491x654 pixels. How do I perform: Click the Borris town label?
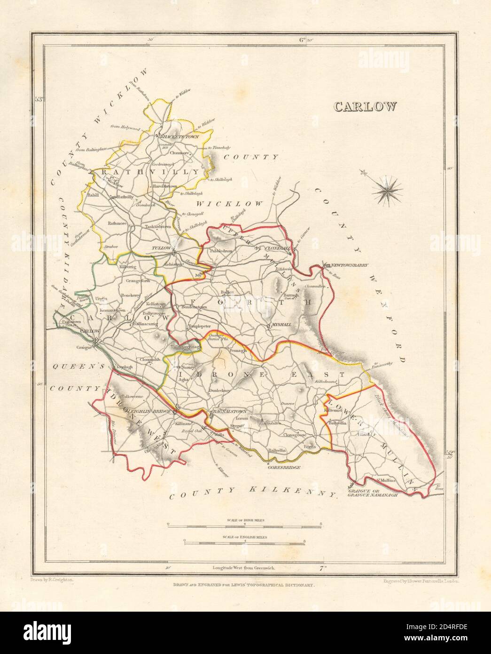tap(308, 446)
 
